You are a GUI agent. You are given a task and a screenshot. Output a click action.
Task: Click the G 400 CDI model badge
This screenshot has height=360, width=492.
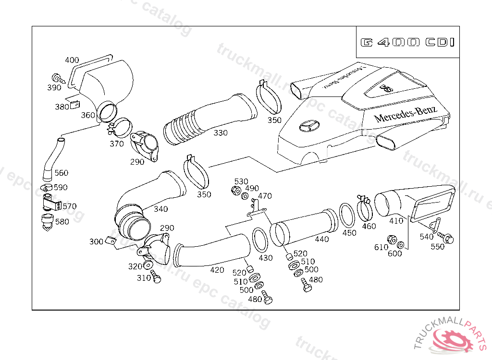coord(407,42)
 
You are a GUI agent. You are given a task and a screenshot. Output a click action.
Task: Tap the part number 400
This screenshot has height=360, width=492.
coord(72,60)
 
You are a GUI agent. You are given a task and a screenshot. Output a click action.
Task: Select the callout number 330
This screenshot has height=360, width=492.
coord(221,132)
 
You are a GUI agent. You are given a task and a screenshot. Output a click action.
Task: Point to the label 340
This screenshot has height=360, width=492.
coord(160,209)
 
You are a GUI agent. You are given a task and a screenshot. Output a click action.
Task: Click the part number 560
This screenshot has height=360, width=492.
coord(61,173)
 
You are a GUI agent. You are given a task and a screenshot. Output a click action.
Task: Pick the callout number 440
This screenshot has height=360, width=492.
coord(321,239)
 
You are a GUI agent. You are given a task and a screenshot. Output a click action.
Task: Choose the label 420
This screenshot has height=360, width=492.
coord(217,270)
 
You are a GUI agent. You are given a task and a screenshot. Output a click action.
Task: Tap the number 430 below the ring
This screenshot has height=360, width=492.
coord(265,258)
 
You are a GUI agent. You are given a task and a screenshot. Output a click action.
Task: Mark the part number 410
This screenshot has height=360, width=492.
coord(396,221)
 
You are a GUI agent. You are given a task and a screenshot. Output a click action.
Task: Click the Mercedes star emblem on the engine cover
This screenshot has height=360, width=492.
coord(308,126)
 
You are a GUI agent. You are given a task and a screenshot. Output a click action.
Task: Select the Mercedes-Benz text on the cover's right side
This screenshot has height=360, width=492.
coord(406,114)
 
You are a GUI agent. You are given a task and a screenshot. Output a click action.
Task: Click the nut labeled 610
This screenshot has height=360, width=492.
coord(391,239)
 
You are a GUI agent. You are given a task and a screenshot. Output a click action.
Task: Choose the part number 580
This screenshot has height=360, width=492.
coord(62,222)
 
